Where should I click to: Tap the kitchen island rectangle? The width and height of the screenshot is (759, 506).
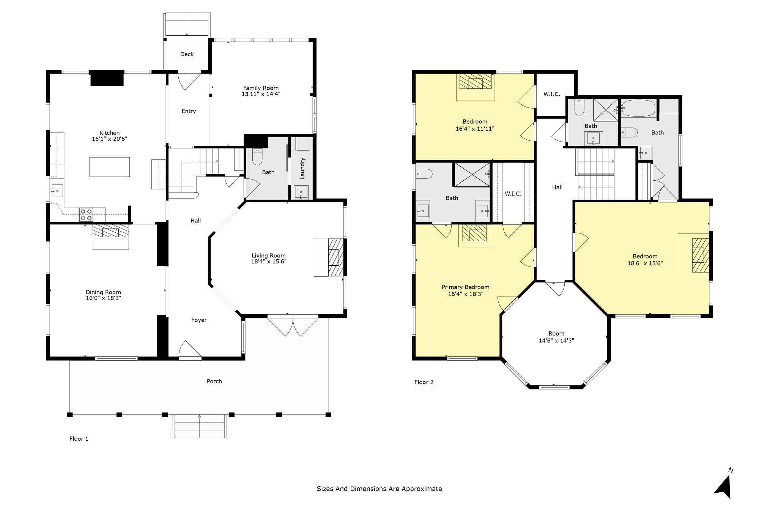pyautogui.click(x=109, y=167)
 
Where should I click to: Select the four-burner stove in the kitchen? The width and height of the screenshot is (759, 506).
pyautogui.click(x=86, y=215)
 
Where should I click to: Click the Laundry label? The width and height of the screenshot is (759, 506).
pyautogui.click(x=302, y=168)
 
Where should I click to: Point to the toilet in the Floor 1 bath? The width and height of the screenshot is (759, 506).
pyautogui.click(x=257, y=156)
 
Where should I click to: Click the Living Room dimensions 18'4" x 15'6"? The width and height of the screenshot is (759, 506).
pyautogui.click(x=269, y=262)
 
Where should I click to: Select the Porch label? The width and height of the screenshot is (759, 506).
pyautogui.click(x=214, y=381)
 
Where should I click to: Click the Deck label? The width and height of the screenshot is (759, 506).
pyautogui.click(x=187, y=54)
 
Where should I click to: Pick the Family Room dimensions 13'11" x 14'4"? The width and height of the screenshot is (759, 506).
pyautogui.click(x=261, y=94)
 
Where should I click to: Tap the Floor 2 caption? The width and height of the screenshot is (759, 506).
pyautogui.click(x=424, y=382)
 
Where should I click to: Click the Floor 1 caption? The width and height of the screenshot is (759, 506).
pyautogui.click(x=79, y=439)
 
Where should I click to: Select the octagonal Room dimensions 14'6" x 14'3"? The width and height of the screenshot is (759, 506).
pyautogui.click(x=556, y=341)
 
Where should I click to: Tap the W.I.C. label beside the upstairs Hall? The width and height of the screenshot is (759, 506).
pyautogui.click(x=513, y=194)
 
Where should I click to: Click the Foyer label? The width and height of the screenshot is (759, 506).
pyautogui.click(x=199, y=320)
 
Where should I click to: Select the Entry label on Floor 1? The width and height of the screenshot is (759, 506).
pyautogui.click(x=189, y=111)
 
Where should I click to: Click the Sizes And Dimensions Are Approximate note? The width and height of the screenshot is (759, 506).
pyautogui.click(x=379, y=489)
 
